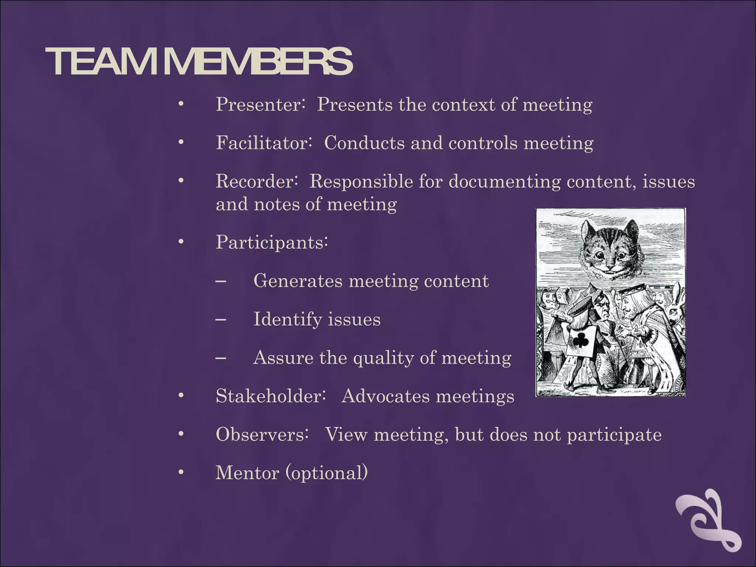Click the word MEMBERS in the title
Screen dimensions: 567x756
click(258, 62)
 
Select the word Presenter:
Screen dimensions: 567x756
click(260, 104)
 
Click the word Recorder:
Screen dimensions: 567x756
click(257, 181)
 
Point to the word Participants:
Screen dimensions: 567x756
click(272, 243)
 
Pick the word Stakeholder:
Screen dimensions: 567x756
click(271, 396)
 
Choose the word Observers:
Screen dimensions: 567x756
click(262, 434)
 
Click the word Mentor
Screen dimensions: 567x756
click(247, 473)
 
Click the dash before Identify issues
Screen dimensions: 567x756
click(221, 319)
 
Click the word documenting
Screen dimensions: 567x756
click(504, 181)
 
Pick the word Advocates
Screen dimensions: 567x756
click(385, 396)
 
